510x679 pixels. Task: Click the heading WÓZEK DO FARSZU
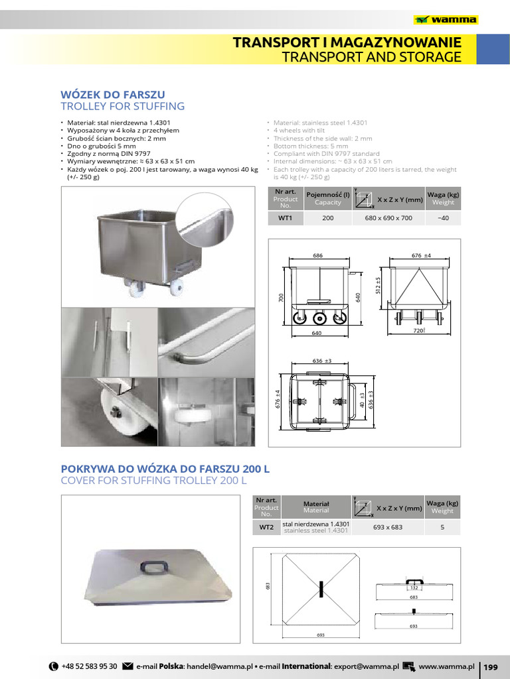pyautogui.click(x=112, y=94)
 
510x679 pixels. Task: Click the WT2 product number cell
pyautogui.click(x=266, y=527)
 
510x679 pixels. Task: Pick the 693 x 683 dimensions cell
pyautogui.click(x=388, y=527)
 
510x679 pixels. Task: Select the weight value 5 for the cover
pyautogui.click(x=442, y=527)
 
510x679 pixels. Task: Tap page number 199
pyautogui.click(x=491, y=666)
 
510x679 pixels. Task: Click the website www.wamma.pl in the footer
pyautogui.click(x=446, y=666)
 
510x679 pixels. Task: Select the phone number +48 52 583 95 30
pyautogui.click(x=89, y=666)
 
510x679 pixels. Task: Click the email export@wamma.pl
pyautogui.click(x=366, y=666)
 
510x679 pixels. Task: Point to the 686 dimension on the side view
pyautogui.click(x=317, y=255)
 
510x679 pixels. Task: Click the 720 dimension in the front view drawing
pyautogui.click(x=418, y=330)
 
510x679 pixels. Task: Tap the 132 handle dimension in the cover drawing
pyautogui.click(x=413, y=588)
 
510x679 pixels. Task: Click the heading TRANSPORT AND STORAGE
pyautogui.click(x=371, y=57)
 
